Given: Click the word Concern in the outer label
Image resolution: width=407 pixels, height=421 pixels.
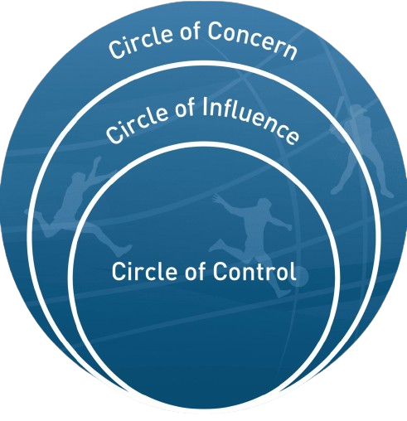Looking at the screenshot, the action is (x=252, y=41).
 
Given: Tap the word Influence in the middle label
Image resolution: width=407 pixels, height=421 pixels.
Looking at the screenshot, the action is (x=250, y=121).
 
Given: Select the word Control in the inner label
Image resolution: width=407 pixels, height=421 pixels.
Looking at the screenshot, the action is (x=254, y=271).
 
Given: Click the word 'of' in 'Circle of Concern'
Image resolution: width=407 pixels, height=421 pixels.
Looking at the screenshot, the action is (x=190, y=31).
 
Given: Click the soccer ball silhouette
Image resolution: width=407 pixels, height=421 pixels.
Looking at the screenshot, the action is (x=301, y=276).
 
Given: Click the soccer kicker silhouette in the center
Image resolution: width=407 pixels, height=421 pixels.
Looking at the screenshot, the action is (x=251, y=243).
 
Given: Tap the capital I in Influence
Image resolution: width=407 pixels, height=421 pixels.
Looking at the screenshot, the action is (x=205, y=107).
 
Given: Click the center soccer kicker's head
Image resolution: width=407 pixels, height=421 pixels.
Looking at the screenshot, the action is (x=263, y=205).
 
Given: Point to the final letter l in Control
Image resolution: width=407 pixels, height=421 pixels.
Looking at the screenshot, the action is (x=293, y=271).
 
